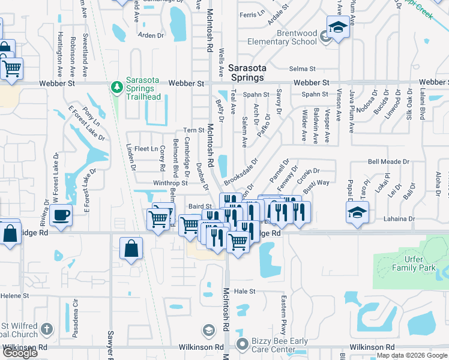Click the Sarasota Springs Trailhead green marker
coord(117,88)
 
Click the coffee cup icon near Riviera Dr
coord(61,215)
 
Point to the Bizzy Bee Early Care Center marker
coord(242,344)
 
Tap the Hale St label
coord(244,291)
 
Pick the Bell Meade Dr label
coord(388,162)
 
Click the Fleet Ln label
coord(146,149)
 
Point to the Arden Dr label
coord(151,35)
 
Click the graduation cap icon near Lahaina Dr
coord(358,213)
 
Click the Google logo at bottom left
coord(20,353)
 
